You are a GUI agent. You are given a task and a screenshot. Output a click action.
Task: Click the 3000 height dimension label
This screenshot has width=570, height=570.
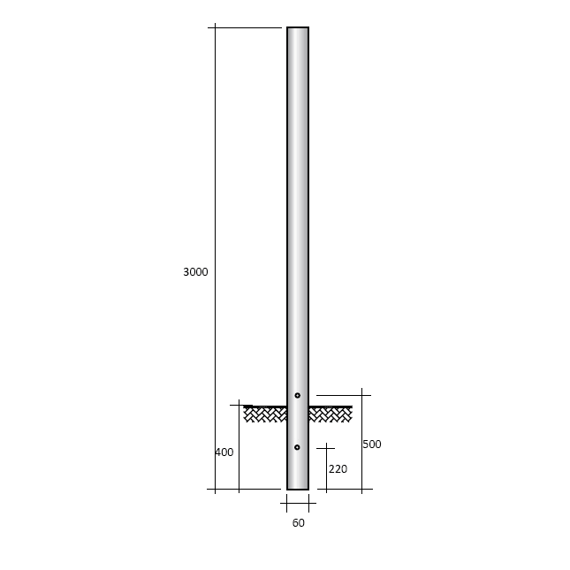[195, 272]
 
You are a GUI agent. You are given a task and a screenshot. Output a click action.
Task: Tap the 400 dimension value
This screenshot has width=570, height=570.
[224, 452]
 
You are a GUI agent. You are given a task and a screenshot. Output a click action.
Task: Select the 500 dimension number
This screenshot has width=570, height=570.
[372, 445]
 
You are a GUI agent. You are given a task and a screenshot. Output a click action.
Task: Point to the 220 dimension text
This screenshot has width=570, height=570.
[338, 469]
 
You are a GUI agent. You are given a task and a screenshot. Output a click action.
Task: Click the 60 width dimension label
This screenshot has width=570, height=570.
[298, 523]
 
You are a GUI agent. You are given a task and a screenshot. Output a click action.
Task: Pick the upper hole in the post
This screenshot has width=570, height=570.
[297, 395]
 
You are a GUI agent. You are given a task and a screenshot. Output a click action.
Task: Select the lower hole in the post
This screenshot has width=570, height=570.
[297, 447]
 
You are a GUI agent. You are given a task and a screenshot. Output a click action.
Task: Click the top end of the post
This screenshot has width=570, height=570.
[298, 28]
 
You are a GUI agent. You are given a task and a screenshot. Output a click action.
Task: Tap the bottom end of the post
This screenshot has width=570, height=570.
[298, 488]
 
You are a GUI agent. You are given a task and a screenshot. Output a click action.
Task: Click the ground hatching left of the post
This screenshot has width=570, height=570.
[264, 414]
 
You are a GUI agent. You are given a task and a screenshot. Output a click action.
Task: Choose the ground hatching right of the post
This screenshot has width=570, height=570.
[331, 414]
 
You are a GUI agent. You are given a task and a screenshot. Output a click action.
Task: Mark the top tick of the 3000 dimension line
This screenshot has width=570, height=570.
[215, 27]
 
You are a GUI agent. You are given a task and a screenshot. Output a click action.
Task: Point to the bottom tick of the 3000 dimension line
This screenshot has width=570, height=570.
[215, 489]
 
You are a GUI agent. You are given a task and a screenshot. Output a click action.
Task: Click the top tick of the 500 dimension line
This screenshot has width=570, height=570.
[361, 395]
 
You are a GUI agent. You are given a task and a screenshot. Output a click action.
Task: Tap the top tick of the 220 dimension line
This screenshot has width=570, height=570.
[326, 448]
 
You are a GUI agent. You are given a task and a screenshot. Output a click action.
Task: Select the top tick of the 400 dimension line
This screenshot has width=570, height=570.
[239, 405]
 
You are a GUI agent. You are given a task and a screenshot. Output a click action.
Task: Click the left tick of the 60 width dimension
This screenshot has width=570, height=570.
[286, 504]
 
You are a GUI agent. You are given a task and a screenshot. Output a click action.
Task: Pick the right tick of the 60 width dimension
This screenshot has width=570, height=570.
[308, 504]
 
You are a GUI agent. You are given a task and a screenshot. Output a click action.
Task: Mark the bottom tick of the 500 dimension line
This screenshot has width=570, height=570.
[361, 489]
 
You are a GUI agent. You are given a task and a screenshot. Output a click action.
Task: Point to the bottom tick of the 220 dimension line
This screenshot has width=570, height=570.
[326, 489]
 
